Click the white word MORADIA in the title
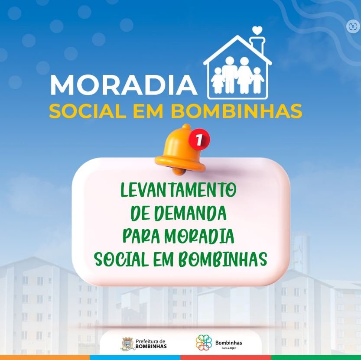point(124,84)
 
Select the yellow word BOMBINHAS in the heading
point(236,111)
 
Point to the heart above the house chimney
point(257,30)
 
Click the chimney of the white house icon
point(258,45)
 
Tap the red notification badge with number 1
point(199,139)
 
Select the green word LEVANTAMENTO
point(179,190)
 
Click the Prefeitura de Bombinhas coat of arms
point(128,344)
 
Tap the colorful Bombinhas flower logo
point(204,343)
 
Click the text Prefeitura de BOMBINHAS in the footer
point(151,344)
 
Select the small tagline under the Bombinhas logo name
point(229,348)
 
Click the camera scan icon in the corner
point(353,26)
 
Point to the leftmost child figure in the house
point(218,81)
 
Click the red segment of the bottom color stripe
point(225,357)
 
